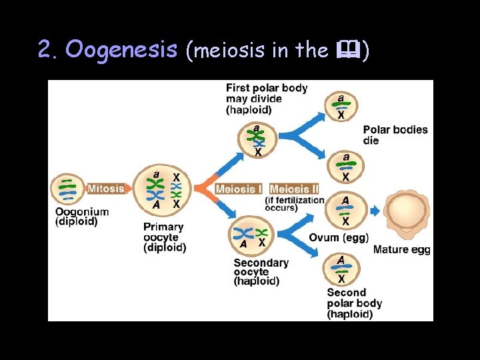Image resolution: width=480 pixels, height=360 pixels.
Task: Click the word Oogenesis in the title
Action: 122,49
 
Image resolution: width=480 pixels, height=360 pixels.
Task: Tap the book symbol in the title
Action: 349,49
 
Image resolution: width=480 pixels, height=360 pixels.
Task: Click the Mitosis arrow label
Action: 106,188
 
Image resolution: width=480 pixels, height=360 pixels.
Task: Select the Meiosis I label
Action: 239,189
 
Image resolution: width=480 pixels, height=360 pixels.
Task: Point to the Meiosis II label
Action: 294,189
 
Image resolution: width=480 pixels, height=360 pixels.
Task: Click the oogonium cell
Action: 68,189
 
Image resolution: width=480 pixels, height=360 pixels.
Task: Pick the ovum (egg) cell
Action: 344,211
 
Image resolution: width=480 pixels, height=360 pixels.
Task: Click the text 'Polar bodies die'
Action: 395,135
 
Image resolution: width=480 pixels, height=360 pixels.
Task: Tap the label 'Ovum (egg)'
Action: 339,238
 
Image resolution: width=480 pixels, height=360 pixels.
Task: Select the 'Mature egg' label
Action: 401,250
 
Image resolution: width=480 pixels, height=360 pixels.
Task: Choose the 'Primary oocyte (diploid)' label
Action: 165,237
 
